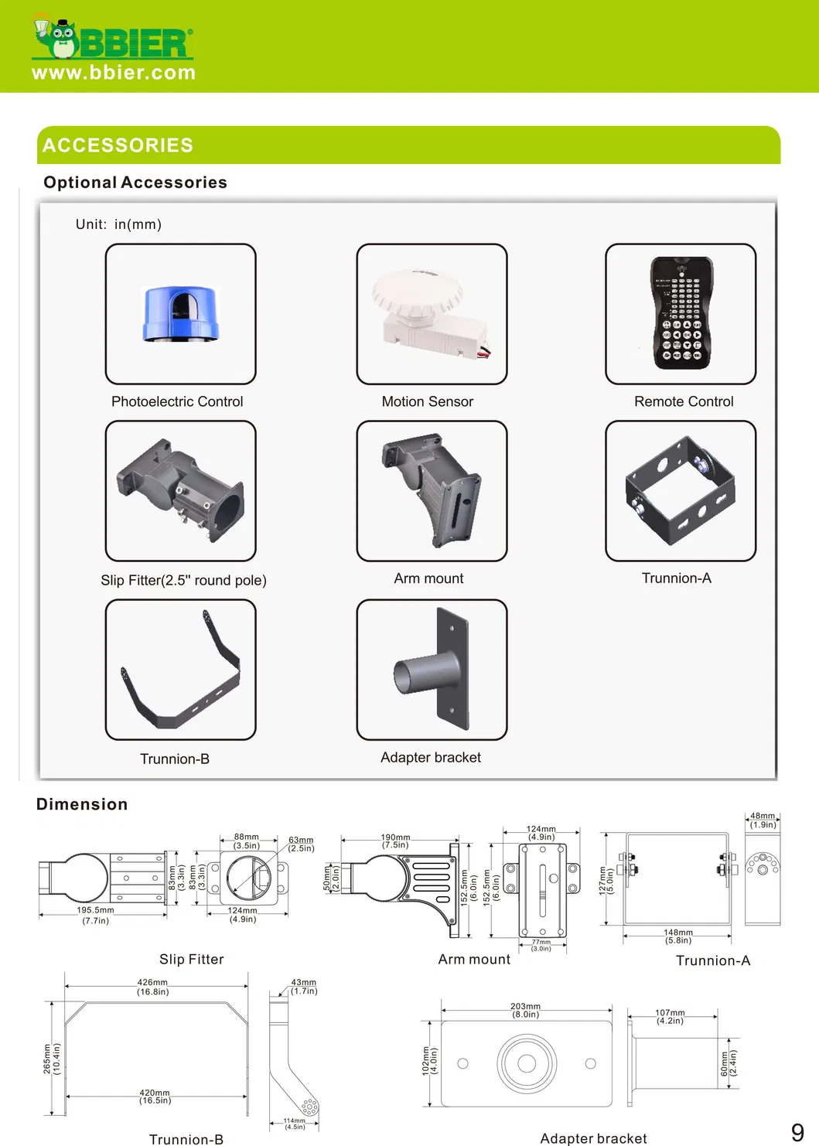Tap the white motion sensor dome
[418, 297]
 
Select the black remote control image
[681, 312]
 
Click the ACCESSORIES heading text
[118, 145]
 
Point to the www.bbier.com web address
[114, 73]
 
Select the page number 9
[797, 1132]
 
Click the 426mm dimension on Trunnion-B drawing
[152, 983]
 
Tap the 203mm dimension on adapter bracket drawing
[525, 1007]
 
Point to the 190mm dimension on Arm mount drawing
[395, 837]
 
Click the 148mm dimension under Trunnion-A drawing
[678, 933]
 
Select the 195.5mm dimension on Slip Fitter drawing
[95, 911]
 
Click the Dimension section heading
[82, 804]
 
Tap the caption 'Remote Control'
[684, 401]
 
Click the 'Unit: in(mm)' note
[118, 224]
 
